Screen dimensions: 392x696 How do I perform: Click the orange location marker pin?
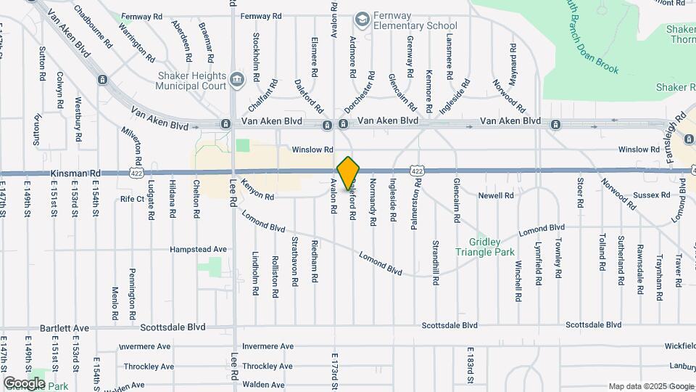349,173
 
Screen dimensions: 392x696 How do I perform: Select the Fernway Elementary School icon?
362,17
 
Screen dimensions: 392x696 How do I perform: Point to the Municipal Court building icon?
237,78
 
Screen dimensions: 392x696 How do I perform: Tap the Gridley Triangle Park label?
485,247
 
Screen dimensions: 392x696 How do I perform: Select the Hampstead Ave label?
198,249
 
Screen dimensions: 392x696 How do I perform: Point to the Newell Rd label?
496,195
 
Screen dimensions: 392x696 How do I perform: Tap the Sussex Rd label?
651,195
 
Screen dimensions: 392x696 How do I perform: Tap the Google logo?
23,383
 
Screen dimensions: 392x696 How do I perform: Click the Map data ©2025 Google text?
650,386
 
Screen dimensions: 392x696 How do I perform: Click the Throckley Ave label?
148,367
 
